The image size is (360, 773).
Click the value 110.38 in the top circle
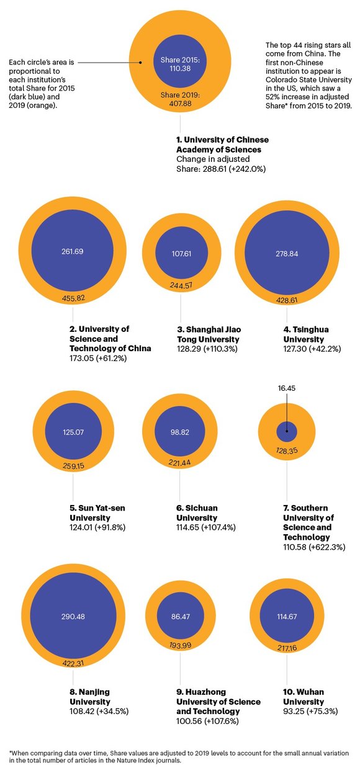(x=180, y=68)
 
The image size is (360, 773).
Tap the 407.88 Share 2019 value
(x=180, y=104)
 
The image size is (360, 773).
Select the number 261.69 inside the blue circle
(x=73, y=251)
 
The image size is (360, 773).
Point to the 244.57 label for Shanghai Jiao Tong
(x=181, y=285)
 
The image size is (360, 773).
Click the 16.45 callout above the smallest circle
(x=287, y=388)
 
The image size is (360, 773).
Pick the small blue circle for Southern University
(x=287, y=431)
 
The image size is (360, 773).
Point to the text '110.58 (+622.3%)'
(x=314, y=547)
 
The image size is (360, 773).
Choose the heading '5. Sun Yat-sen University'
(x=97, y=513)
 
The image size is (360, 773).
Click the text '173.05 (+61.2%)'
(x=98, y=358)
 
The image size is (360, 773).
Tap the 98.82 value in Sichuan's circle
(x=180, y=432)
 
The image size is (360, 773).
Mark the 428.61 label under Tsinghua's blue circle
(x=287, y=300)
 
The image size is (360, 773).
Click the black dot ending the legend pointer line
(x=140, y=63)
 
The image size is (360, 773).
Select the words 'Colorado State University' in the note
(x=308, y=79)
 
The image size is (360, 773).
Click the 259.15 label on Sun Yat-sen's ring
(x=73, y=466)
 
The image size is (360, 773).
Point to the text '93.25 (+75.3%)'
(x=310, y=711)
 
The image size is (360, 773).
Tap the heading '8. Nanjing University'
(x=90, y=697)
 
